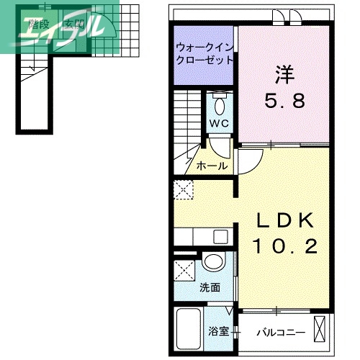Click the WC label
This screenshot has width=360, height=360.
coord(220,123)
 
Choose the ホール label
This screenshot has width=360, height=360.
coord(212,166)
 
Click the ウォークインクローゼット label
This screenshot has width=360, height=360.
coord(204,54)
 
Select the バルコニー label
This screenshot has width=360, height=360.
coord(282,333)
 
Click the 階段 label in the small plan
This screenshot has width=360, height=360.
coord(39,24)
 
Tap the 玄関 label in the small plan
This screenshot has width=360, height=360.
coord(74,24)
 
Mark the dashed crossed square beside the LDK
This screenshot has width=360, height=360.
coord(183,190)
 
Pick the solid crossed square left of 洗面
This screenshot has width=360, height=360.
coord(184,274)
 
